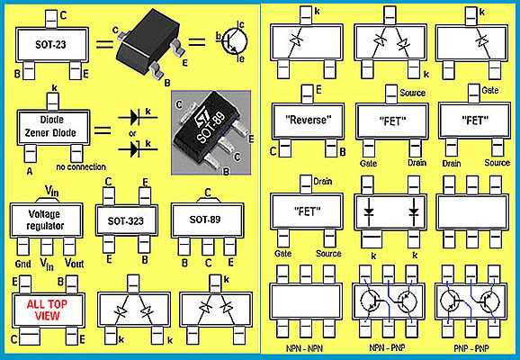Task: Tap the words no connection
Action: click(80, 166)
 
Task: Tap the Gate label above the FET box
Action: click(465, 91)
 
